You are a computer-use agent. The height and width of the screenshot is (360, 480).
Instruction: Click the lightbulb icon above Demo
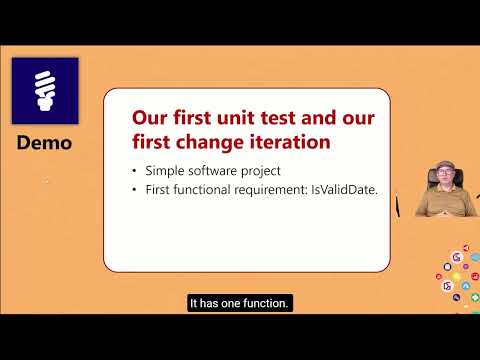coord(44,89)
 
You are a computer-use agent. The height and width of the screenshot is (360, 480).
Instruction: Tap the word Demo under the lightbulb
coord(44,143)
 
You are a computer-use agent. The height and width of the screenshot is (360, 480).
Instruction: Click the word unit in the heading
coord(232,118)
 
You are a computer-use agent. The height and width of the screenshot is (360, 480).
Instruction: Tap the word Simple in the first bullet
coord(165,171)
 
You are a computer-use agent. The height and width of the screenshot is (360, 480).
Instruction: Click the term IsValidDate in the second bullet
coord(345,191)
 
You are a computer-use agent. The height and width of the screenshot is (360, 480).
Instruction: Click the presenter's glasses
coord(444,173)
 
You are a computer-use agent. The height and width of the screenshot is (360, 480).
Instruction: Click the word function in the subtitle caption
coord(263,302)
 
